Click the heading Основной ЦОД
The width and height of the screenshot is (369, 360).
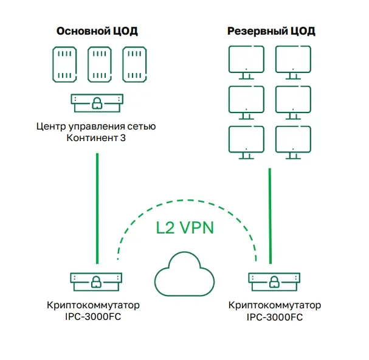[97, 31]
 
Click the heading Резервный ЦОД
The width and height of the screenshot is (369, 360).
[271, 31]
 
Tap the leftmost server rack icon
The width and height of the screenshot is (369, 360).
[64, 64]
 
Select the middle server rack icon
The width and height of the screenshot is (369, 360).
[100, 64]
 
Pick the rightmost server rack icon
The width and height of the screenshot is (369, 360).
[134, 64]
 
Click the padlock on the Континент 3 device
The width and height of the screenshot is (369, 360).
[97, 103]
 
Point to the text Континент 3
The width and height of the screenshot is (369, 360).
[96, 138]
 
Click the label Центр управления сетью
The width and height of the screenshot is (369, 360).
[96, 126]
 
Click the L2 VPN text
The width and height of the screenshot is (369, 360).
[185, 227]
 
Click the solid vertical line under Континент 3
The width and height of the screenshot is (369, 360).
[97, 209]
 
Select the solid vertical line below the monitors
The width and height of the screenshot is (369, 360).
[270, 216]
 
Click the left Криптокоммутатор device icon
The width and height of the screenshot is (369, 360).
[96, 282]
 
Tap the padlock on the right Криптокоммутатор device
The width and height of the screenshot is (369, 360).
[274, 282]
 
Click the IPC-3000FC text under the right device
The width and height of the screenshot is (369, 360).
[274, 317]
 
